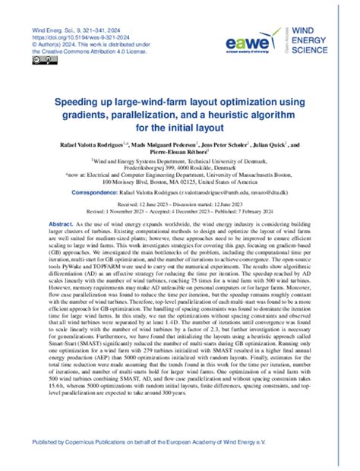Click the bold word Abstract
click(x=61, y=226)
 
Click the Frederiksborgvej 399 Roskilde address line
click(x=178, y=168)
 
